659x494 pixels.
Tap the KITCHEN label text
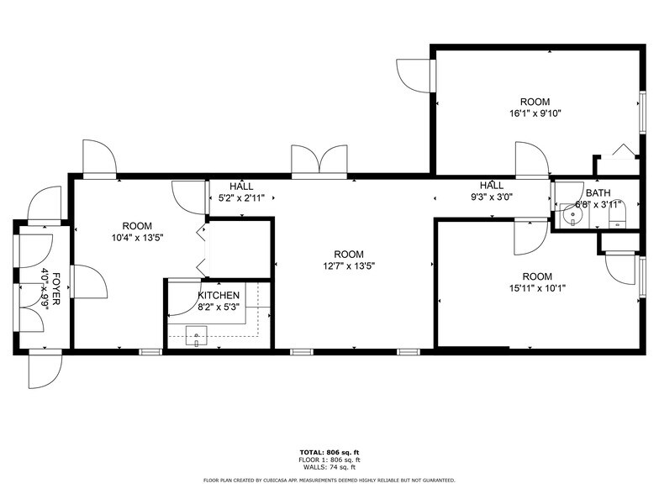tap(219, 296)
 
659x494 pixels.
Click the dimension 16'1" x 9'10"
tap(535, 113)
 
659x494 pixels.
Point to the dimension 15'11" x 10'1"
tap(537, 288)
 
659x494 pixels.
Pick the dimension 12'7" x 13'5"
tap(348, 266)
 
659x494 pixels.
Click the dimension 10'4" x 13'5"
tap(136, 237)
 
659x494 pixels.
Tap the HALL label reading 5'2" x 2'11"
tap(241, 198)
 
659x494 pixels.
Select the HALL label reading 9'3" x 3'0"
tap(491, 197)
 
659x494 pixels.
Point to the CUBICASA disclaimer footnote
tap(329, 481)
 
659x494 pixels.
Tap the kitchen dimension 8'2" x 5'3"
tap(219, 307)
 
